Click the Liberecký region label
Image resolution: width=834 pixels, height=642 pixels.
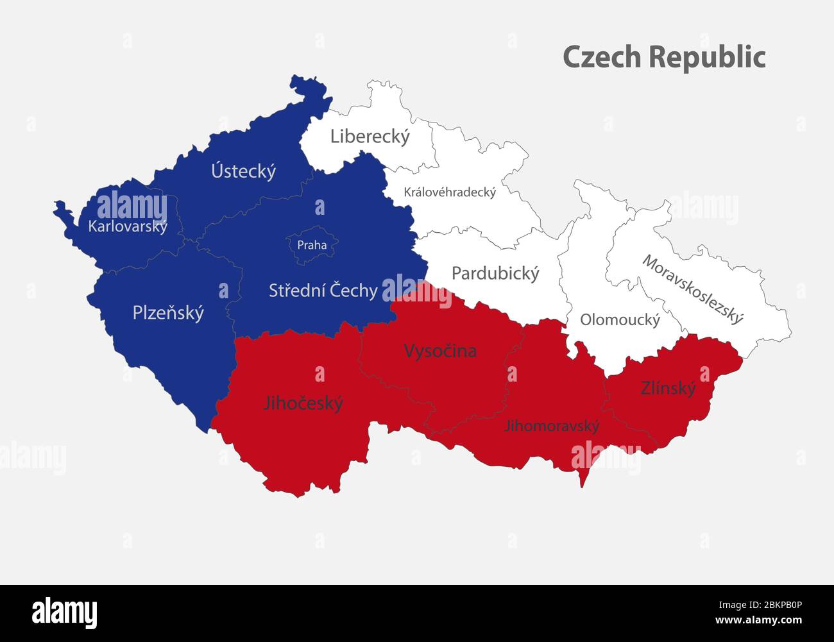tap(370, 137)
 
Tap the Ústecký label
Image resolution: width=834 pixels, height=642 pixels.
tap(244, 171)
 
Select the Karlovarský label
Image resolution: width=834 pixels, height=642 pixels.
tap(128, 226)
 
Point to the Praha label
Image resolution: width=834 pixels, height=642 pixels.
tap(312, 245)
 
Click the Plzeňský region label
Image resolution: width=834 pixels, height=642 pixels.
tap(168, 313)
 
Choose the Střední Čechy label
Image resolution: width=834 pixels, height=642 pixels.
tap(323, 291)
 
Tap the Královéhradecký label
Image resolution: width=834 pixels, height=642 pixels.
tap(450, 192)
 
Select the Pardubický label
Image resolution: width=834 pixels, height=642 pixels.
tap(495, 273)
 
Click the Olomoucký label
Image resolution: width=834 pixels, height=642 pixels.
tap(620, 319)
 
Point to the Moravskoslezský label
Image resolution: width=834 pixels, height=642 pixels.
tap(693, 290)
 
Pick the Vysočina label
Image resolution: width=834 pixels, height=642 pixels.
tap(440, 351)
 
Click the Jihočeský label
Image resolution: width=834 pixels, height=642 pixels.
tap(303, 403)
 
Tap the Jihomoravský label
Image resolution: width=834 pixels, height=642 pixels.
tap(552, 425)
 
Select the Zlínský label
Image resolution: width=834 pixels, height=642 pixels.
tap(668, 388)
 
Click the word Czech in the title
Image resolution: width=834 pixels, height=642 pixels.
tap(602, 56)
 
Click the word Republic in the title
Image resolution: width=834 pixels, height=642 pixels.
tap(707, 56)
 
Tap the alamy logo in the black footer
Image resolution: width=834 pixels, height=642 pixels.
tap(64, 612)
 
